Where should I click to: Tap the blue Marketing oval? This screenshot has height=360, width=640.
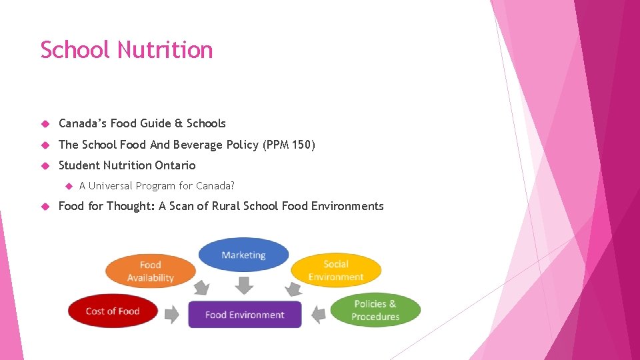click(x=243, y=255)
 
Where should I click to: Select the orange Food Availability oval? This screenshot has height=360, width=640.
click(x=150, y=271)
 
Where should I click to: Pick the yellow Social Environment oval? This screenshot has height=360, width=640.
click(x=335, y=270)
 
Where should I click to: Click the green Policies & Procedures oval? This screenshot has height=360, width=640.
click(x=375, y=310)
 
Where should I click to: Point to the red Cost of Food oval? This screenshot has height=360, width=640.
click(x=113, y=311)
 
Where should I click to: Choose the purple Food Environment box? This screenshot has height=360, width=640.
click(x=245, y=315)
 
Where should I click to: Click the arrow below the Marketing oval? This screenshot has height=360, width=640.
click(x=245, y=285)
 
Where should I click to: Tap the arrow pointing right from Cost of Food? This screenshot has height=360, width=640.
click(x=172, y=313)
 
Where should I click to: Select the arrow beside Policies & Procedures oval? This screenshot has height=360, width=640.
click(x=318, y=313)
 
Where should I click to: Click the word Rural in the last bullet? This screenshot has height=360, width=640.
click(x=227, y=206)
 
